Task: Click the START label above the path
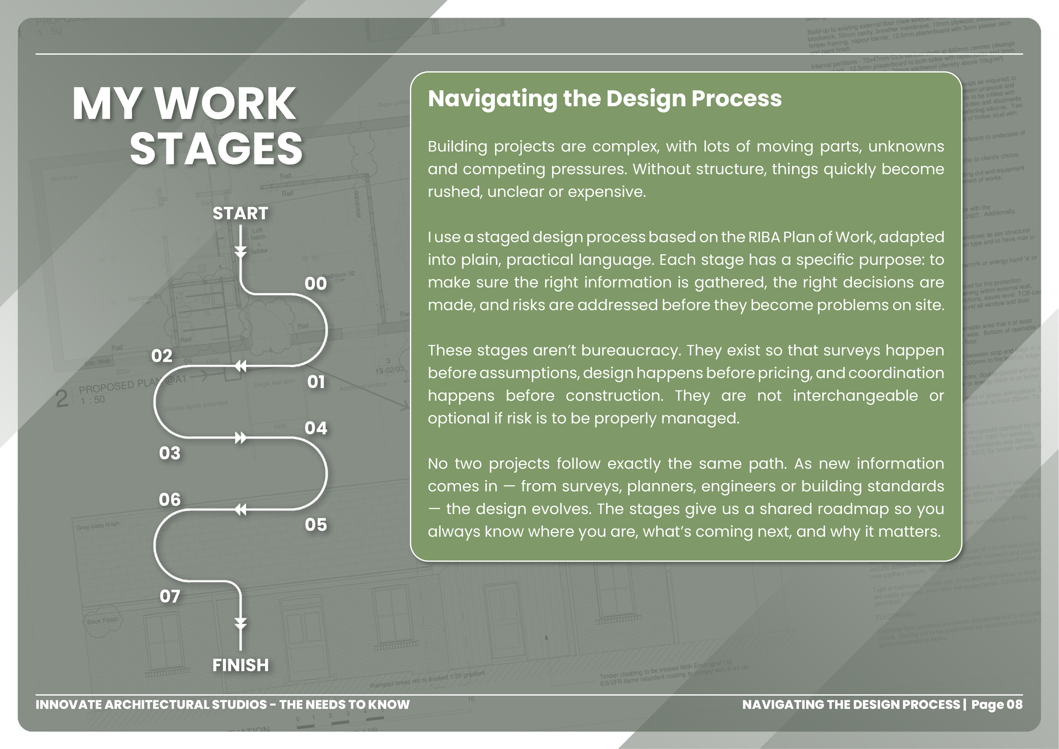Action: point(240,214)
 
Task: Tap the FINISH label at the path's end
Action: point(240,665)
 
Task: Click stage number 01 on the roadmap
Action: point(316,382)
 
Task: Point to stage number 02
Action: point(161,356)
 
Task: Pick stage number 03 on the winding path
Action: point(169,453)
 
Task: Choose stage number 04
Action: point(316,428)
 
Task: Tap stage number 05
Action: point(316,525)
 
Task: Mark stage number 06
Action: point(169,500)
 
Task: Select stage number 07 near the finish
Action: point(169,597)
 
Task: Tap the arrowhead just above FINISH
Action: point(240,624)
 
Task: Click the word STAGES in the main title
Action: point(216,149)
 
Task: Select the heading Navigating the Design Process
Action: point(604,99)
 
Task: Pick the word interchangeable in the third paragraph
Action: point(855,396)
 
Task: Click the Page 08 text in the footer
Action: point(996,704)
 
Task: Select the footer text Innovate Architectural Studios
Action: point(151,704)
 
